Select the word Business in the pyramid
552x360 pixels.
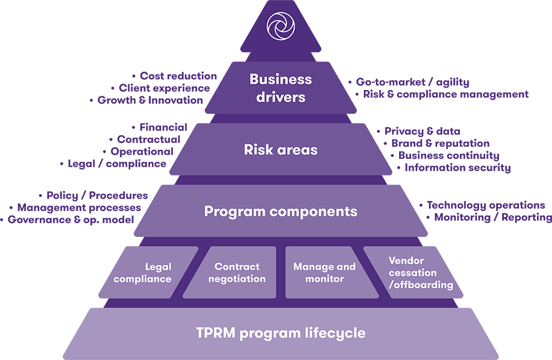(280, 79)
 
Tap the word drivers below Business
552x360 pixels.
(280, 97)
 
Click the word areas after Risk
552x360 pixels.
(298, 150)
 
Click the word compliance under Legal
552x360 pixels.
(142, 279)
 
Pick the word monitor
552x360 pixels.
(325, 279)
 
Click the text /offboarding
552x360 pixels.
(421, 285)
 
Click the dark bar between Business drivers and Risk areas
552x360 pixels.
(280, 119)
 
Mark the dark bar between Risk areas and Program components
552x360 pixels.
(280, 180)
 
